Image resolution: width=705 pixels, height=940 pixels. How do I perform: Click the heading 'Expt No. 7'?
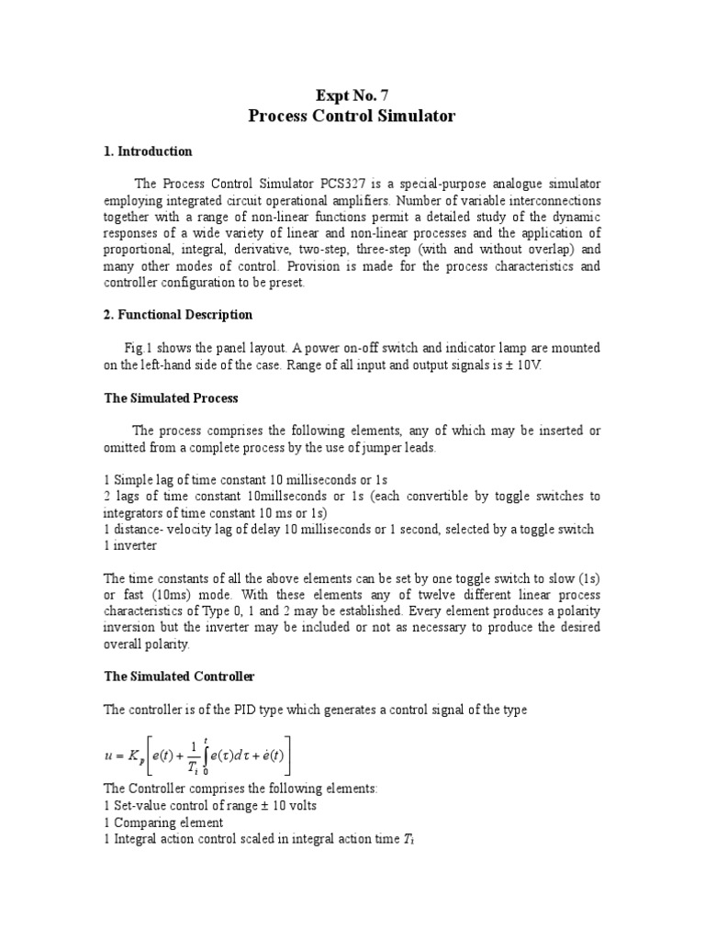click(x=352, y=94)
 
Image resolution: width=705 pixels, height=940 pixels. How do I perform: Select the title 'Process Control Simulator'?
click(x=352, y=117)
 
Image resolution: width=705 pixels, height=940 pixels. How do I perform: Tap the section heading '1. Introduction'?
click(x=148, y=151)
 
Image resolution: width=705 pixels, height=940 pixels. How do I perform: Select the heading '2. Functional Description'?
click(x=178, y=315)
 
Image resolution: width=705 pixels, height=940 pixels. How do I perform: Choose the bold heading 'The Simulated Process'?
click(x=171, y=397)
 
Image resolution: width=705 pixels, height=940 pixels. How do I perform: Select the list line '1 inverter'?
click(x=130, y=544)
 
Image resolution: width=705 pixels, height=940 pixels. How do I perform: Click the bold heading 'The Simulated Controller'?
click(x=179, y=677)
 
